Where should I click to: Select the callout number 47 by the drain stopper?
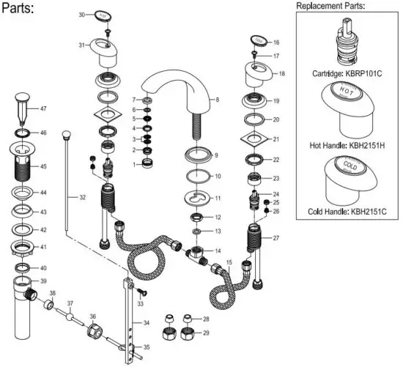point(43,109)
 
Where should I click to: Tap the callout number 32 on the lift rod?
point(82,198)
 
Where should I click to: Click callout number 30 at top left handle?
point(82,14)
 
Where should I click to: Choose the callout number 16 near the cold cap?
point(276,42)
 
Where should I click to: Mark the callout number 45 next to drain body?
point(43,166)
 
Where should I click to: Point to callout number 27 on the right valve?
point(276,238)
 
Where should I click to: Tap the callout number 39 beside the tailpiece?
point(43,281)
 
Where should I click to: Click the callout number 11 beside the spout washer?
point(217,198)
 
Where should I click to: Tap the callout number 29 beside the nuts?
point(206,333)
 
